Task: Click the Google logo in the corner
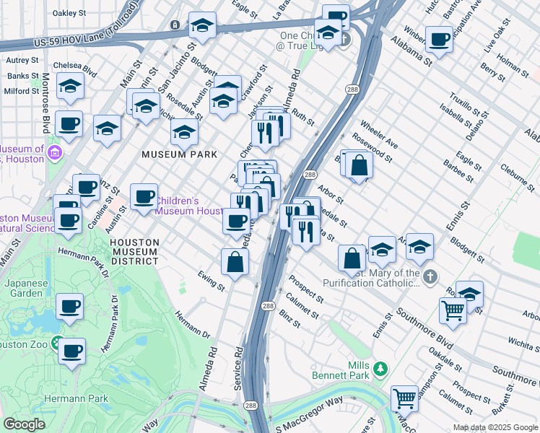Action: click(x=24, y=424)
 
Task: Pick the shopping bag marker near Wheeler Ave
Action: click(x=359, y=165)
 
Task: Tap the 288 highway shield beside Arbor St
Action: click(x=309, y=175)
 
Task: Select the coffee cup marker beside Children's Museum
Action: click(x=144, y=197)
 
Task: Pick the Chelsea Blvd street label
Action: click(x=81, y=71)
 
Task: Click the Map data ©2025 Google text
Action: click(x=495, y=427)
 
